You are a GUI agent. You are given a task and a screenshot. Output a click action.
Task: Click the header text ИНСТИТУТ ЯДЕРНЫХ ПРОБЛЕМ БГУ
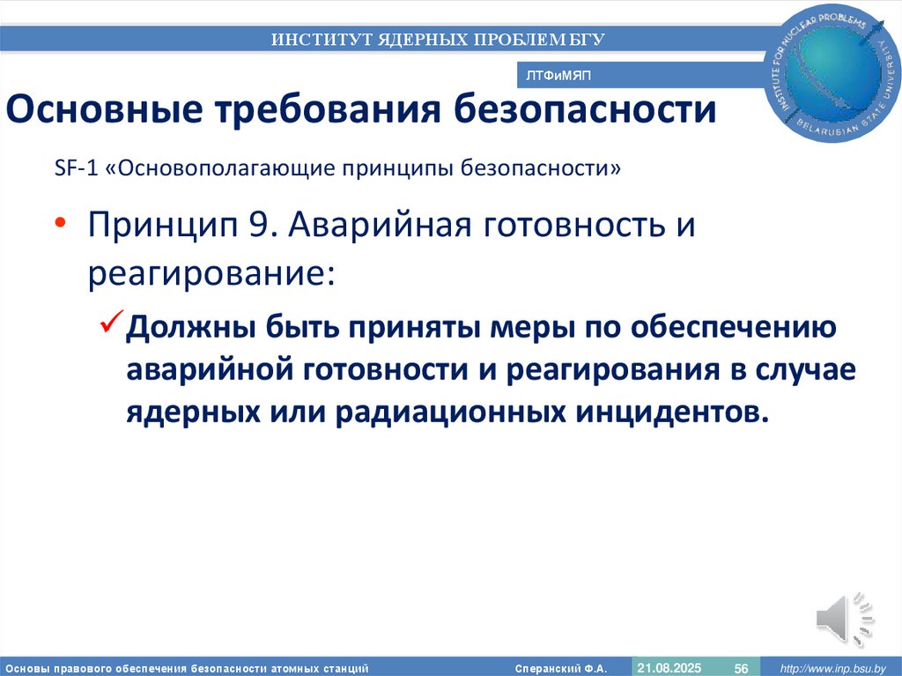(x=438, y=39)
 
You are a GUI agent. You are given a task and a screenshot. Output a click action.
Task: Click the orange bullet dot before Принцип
(x=61, y=225)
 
